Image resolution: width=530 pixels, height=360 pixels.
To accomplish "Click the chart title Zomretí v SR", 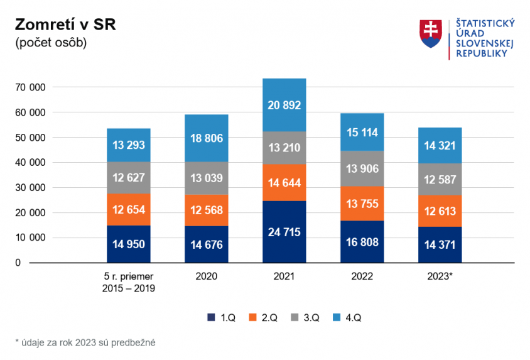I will pos(65,25).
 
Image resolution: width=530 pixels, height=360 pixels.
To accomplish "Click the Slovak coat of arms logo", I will pos(430,34).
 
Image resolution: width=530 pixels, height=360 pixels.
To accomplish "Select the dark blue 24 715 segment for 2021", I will pos(284,232).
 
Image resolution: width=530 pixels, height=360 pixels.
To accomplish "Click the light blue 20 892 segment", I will pos(284,105).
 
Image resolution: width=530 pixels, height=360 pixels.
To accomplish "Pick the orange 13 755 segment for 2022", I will pos(362,204).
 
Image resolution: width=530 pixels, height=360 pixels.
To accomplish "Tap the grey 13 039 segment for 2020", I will pos(207,178).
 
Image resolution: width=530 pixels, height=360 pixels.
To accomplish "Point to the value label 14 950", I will pos(129,244).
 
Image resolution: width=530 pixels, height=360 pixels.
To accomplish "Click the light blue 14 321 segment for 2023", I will pos(440,145).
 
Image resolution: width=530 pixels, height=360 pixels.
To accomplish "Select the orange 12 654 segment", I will pos(129,209).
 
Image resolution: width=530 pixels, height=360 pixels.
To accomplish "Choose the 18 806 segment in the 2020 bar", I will pos(207,138).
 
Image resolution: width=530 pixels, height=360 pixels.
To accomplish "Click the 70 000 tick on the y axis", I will pos(29,87).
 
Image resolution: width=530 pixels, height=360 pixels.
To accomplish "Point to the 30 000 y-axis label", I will pos(29,188).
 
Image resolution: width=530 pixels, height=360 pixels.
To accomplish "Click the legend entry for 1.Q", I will pos(221,318).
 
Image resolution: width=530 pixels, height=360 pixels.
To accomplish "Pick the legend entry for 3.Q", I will pos(305,318).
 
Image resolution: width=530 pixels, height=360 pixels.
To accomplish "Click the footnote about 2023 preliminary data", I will pos(85,342).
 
